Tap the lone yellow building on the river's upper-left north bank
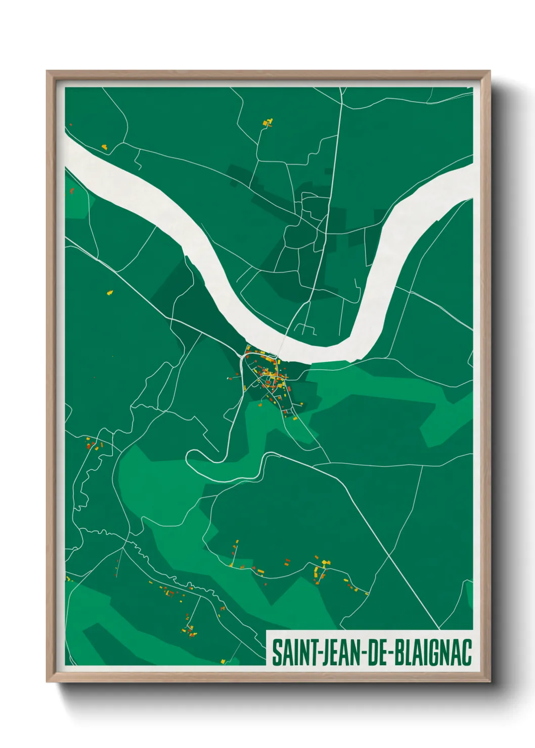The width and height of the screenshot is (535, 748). click(x=104, y=147)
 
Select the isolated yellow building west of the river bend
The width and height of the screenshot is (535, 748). click(x=110, y=292)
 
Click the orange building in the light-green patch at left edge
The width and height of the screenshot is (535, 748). click(x=72, y=191)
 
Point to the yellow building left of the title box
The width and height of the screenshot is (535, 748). click(x=223, y=661)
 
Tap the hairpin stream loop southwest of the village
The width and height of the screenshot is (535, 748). click(x=195, y=457)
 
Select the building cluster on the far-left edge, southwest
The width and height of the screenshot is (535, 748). click(x=94, y=445)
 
